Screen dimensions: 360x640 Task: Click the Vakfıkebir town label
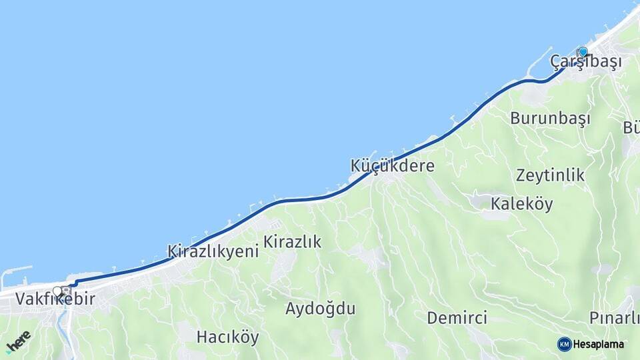click(55, 299)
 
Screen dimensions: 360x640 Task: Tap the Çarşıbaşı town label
click(586, 61)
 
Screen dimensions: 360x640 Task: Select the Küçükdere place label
click(393, 166)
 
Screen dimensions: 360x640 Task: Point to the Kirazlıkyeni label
click(213, 252)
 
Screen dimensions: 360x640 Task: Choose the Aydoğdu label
click(320, 309)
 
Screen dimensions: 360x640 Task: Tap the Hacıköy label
click(227, 337)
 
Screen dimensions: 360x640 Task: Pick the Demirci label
click(457, 317)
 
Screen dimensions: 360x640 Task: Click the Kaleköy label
click(522, 204)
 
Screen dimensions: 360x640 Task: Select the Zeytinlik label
click(550, 175)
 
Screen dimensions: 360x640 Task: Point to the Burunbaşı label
click(551, 119)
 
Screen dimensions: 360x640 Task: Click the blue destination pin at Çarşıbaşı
click(583, 51)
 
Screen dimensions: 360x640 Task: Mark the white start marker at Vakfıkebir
click(57, 291)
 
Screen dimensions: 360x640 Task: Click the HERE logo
click(18, 342)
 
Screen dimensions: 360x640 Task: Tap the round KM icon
click(564, 344)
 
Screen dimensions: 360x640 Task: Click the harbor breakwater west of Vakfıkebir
click(15, 271)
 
